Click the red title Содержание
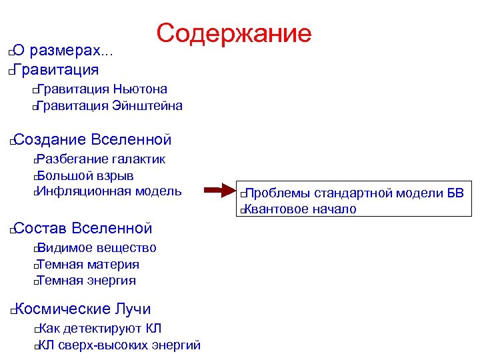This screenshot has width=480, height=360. click(x=234, y=33)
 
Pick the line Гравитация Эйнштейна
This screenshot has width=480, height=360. click(x=109, y=106)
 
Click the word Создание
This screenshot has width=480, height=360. click(x=49, y=140)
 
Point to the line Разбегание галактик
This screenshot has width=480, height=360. click(x=100, y=159)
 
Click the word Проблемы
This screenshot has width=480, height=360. click(x=277, y=194)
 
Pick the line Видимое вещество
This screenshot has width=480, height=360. click(x=96, y=248)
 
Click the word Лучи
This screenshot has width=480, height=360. click(x=133, y=309)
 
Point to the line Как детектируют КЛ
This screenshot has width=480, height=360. click(x=99, y=329)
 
